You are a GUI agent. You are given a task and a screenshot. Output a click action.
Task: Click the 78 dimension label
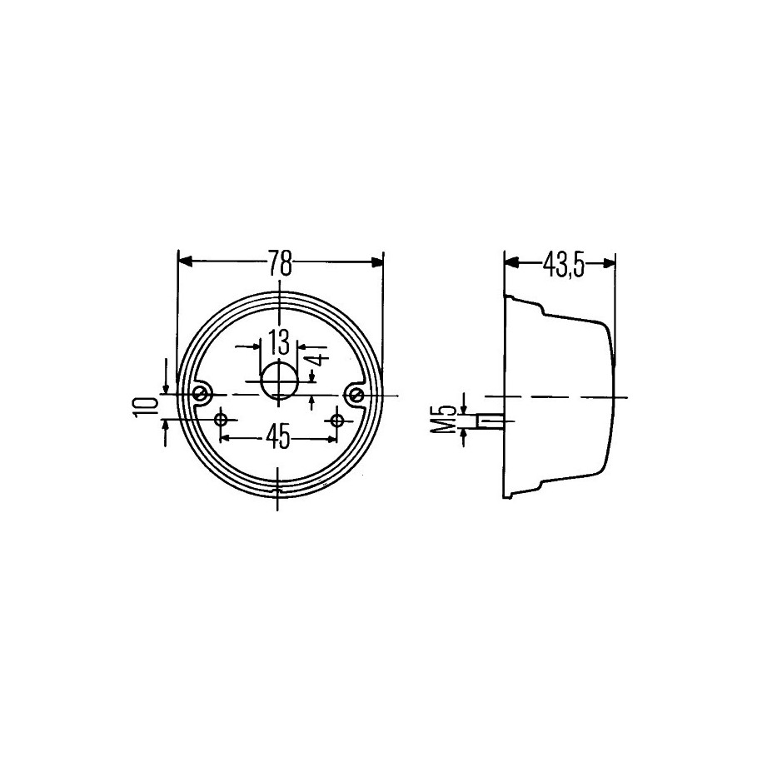(x=281, y=263)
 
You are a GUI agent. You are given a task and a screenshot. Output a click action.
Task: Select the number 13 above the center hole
(x=279, y=341)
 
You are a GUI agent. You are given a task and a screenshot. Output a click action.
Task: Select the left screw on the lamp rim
(x=200, y=394)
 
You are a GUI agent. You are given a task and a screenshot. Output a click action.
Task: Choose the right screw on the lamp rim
(x=357, y=394)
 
